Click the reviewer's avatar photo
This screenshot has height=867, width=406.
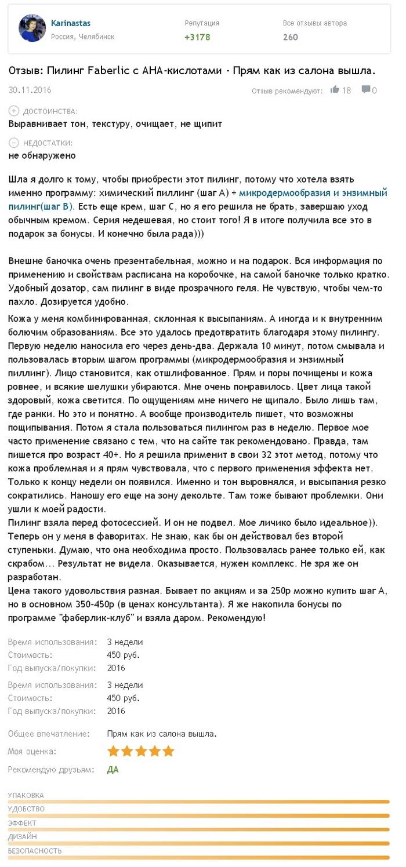click(x=32, y=28)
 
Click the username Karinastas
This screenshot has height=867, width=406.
click(x=71, y=23)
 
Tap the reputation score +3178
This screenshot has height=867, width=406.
click(x=197, y=37)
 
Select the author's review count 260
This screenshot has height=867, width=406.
click(x=290, y=37)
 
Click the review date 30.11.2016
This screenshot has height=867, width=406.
click(x=30, y=90)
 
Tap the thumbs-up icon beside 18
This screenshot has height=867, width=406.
click(x=335, y=90)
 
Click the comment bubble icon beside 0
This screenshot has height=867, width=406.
click(x=366, y=90)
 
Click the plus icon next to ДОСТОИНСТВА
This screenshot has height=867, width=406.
click(x=14, y=111)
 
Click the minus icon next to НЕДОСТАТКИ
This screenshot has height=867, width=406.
click(x=14, y=143)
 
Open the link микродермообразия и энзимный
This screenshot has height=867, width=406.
click(x=313, y=192)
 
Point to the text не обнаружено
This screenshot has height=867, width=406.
click(x=42, y=155)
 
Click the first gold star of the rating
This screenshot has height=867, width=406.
click(x=113, y=751)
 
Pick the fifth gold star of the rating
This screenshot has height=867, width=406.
click(x=168, y=751)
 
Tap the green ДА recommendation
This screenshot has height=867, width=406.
click(x=113, y=770)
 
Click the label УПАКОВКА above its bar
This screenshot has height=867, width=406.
click(x=26, y=795)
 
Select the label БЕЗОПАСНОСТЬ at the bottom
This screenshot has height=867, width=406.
click(x=35, y=851)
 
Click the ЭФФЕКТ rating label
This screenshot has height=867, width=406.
click(x=22, y=823)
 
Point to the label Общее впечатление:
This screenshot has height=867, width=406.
click(x=49, y=734)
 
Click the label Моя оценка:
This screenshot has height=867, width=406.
click(x=32, y=751)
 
